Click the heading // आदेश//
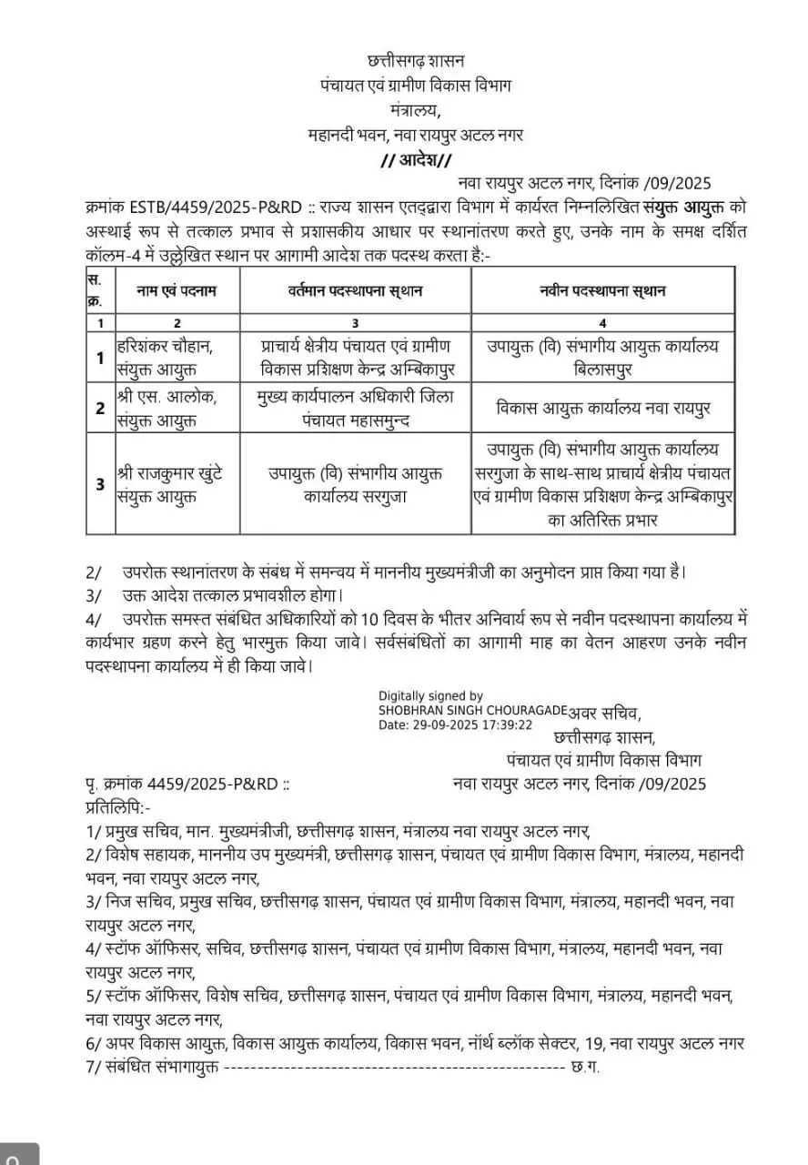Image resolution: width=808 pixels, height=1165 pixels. [x=415, y=160]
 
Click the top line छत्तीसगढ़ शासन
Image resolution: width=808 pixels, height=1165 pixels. [x=415, y=61]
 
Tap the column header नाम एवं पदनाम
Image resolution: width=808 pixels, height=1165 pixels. [x=177, y=291]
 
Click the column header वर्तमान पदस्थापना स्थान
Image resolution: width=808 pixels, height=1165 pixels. [x=355, y=291]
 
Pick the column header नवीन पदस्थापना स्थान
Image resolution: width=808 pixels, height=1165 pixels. [x=602, y=291]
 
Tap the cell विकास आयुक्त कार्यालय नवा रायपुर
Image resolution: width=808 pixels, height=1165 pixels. [x=602, y=407]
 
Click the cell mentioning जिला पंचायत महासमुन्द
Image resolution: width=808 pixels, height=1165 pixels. [x=355, y=407]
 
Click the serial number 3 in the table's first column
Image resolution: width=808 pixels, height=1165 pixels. [x=100, y=483]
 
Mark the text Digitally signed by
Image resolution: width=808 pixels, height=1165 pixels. [x=430, y=695]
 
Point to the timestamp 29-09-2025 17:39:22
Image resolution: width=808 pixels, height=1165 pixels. [x=481, y=725]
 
